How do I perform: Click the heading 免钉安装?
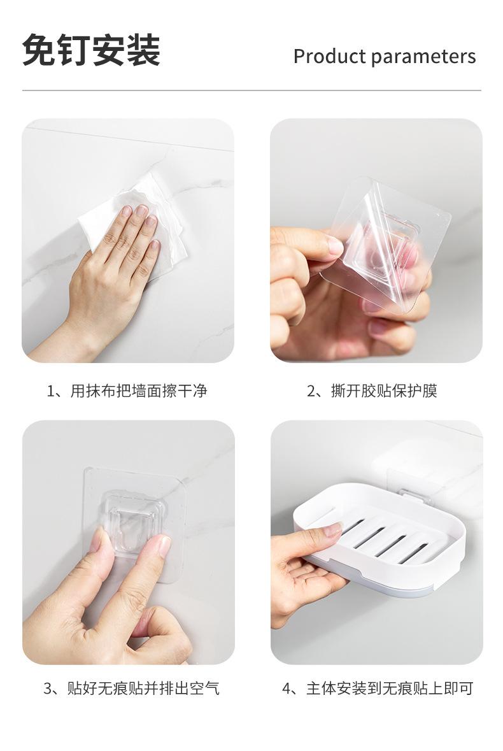92,50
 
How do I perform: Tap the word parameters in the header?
423,57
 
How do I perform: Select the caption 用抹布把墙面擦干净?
139,391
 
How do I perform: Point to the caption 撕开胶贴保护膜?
384,391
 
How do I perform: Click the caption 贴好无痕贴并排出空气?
143,689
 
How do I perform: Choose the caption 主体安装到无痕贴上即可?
390,689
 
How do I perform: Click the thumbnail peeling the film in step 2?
336,246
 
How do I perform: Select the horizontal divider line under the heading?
251,90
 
